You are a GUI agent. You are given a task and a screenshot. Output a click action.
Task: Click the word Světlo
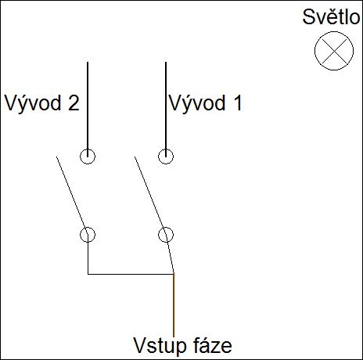[x=332, y=17]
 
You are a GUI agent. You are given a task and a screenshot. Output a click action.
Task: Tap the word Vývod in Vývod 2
[x=33, y=103]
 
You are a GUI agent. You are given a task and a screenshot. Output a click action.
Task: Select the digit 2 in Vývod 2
[x=74, y=103]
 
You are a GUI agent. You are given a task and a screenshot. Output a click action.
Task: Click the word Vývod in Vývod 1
[x=197, y=103]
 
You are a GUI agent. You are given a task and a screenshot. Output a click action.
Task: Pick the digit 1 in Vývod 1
[x=238, y=103]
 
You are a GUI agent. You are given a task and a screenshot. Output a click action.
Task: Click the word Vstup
[x=159, y=346]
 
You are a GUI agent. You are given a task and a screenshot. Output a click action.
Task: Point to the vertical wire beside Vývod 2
[x=88, y=110]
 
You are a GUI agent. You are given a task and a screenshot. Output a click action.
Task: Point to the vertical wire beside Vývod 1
[x=166, y=110]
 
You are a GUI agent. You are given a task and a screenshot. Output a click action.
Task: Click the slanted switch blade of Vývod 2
[x=72, y=196]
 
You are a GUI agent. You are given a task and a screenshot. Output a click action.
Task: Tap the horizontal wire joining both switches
[x=131, y=274]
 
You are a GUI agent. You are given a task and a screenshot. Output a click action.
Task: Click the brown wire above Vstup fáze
[x=174, y=305]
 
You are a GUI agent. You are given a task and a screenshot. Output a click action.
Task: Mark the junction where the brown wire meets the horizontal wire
[x=174, y=274]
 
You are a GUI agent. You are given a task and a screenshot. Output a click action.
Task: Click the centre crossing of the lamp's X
[x=334, y=51]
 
